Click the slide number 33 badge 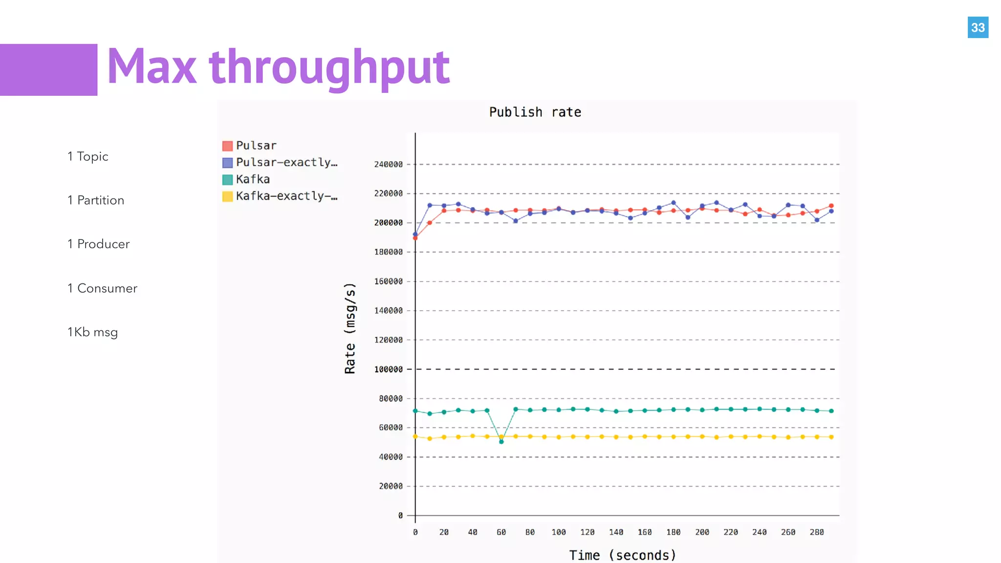click(978, 27)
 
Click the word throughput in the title click(329, 67)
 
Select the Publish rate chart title click(535, 112)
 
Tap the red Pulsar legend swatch click(227, 146)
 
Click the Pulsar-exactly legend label click(286, 162)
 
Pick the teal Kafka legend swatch click(227, 179)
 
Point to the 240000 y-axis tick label click(389, 164)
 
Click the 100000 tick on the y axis click(389, 369)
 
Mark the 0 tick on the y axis click(400, 516)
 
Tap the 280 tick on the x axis click(817, 532)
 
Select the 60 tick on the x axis click(501, 532)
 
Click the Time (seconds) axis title click(623, 555)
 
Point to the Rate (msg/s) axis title click(350, 328)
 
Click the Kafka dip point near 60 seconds click(501, 442)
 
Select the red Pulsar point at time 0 click(415, 238)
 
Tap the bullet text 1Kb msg click(92, 332)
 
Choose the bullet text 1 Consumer click(102, 288)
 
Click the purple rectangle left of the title click(48, 69)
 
